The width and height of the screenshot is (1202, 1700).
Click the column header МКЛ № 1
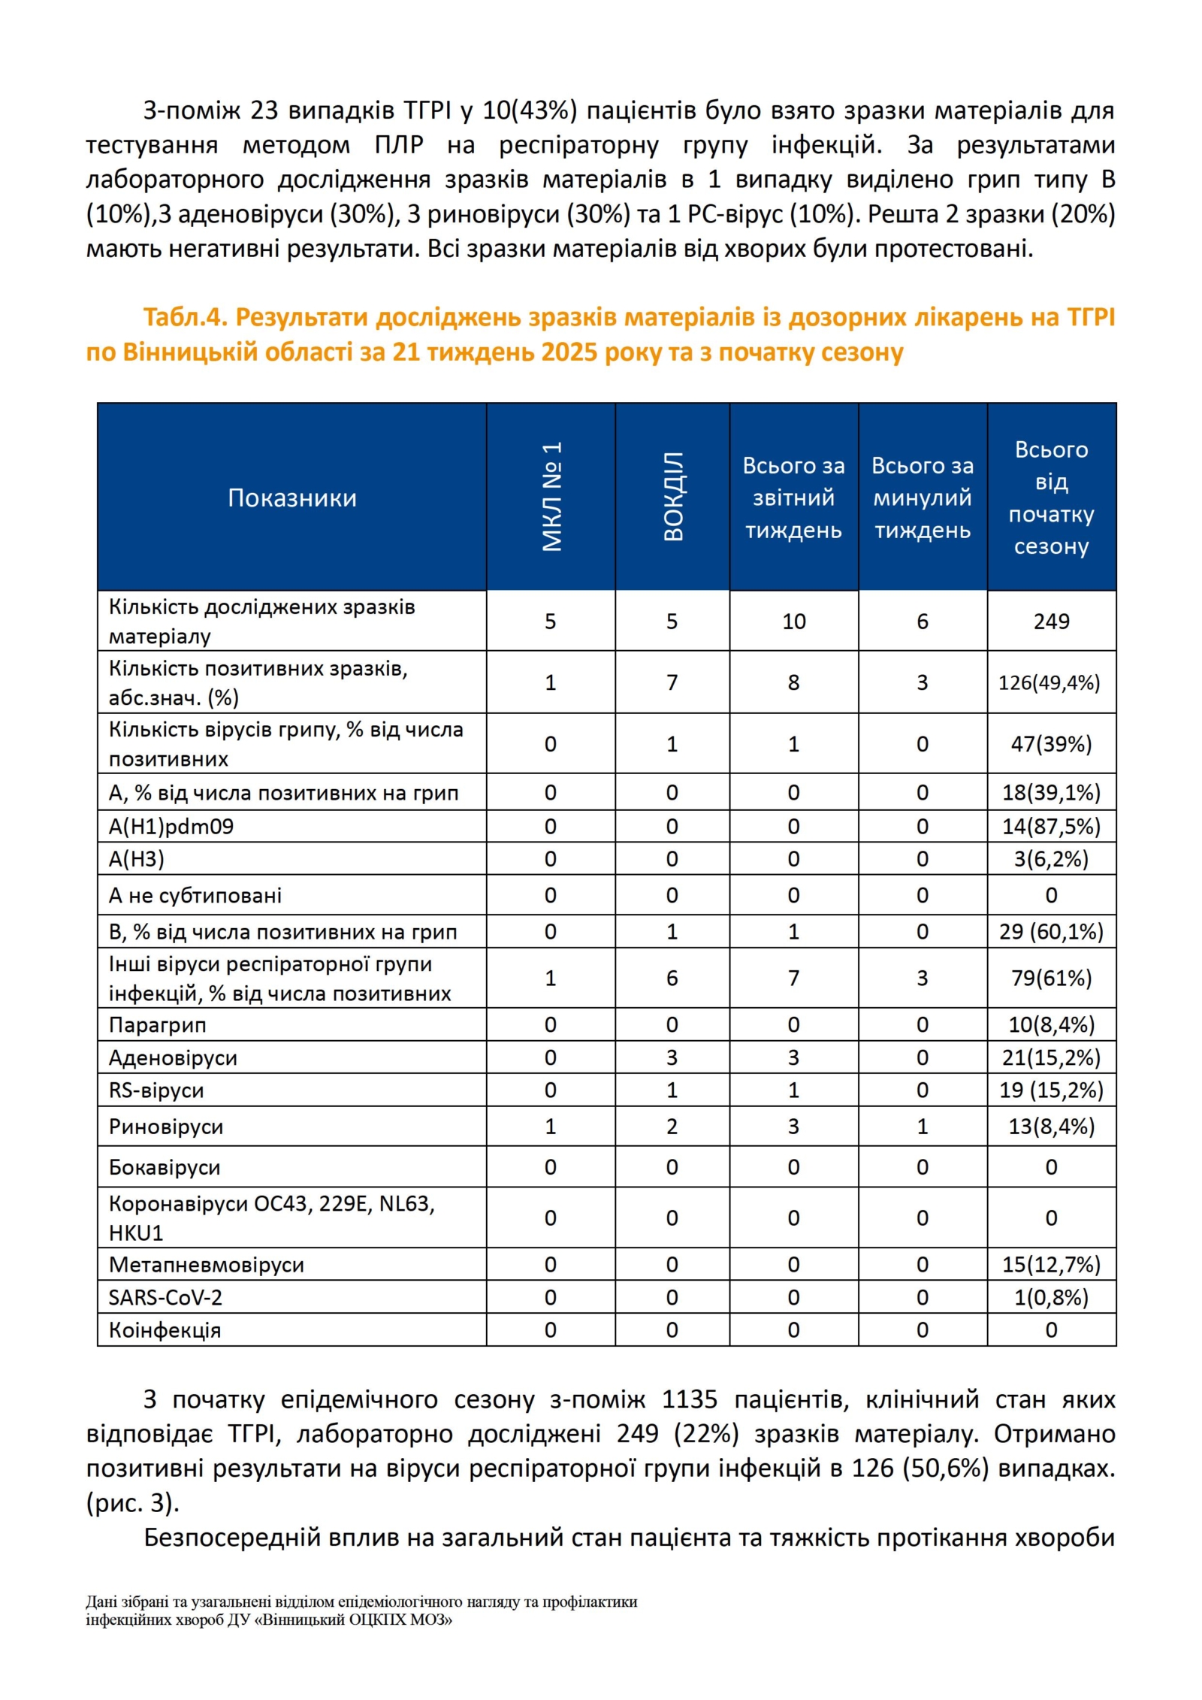551,497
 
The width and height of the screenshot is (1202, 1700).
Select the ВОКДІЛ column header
672,497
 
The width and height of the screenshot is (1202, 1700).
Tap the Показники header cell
292,498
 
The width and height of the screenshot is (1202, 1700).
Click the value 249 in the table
1051,621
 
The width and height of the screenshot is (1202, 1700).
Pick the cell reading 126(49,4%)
1049,682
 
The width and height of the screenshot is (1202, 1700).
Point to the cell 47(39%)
1051,744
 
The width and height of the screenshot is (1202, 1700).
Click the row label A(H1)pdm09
171,827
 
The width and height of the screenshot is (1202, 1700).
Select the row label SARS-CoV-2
165,1297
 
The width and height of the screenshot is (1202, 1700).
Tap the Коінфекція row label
165,1330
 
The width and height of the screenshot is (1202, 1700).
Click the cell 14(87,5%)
1051,827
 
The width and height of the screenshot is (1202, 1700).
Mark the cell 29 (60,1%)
1051,932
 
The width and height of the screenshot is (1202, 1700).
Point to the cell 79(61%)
1051,978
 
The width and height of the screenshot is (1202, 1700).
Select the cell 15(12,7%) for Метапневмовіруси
1051,1264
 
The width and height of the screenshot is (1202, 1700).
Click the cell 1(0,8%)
1051,1297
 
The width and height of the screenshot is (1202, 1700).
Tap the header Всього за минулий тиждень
923,498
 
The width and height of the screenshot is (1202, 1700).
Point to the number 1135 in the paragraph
690,1399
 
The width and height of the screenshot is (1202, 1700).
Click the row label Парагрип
157,1025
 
